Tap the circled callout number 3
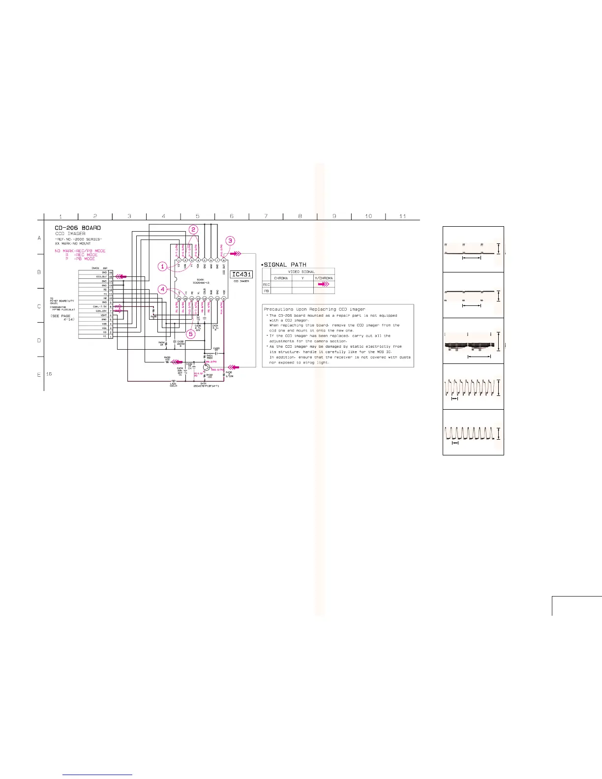point(230,241)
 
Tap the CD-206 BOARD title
point(78,228)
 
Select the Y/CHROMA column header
point(324,278)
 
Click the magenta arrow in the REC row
point(324,284)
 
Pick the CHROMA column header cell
point(281,278)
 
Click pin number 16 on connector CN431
point(111,272)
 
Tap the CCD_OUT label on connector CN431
point(101,277)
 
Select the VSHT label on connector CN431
point(103,315)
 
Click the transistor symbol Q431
point(206,367)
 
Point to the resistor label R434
point(161,343)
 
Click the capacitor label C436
point(198,326)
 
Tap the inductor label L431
point(173,384)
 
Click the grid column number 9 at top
point(334,216)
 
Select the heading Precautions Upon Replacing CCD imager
point(314,309)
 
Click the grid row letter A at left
point(39,238)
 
